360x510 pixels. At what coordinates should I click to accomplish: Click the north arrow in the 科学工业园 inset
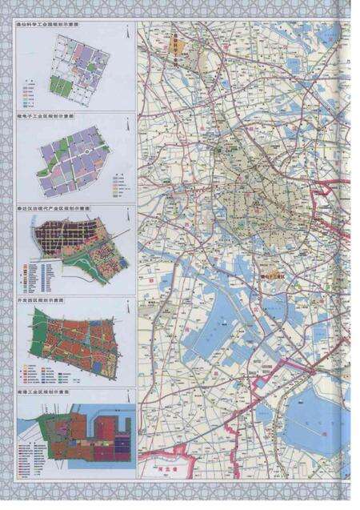coord(125,32)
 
